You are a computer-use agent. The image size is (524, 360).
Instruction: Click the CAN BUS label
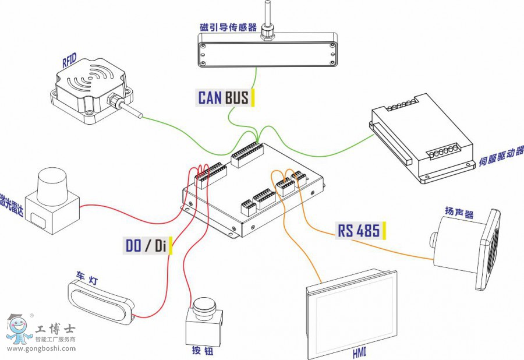(224, 97)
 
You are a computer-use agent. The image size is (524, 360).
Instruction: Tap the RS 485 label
(359, 231)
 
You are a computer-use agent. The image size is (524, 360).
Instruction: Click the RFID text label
(69, 61)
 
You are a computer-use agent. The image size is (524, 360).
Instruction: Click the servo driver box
(422, 138)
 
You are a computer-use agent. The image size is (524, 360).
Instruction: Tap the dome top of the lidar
(53, 185)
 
